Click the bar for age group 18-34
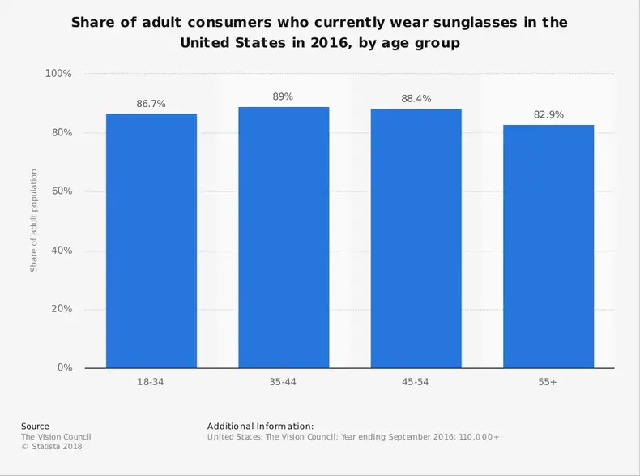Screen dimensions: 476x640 coord(151,241)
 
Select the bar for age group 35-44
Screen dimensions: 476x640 coord(284,238)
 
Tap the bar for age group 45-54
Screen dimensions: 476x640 coord(416,238)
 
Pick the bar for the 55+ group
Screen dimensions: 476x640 coord(548,247)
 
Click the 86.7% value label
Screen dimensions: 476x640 coord(151,105)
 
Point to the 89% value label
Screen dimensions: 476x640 coord(284,96)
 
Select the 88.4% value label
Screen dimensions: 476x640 coord(416,99)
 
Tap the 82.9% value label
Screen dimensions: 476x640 coord(548,115)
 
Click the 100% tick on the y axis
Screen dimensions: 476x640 coord(58,74)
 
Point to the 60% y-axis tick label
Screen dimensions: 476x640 coord(60,191)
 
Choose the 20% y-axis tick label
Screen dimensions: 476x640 coord(60,309)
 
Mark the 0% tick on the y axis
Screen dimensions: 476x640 coord(63,368)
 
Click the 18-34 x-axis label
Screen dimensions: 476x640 coord(151,382)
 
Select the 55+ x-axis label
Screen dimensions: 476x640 coord(548,382)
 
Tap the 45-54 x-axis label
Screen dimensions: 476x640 coord(416,382)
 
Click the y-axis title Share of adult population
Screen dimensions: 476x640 coord(34,221)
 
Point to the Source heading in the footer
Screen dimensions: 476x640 coord(35,427)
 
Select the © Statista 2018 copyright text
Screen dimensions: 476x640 coord(52,446)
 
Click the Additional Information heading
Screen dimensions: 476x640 coord(260,427)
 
